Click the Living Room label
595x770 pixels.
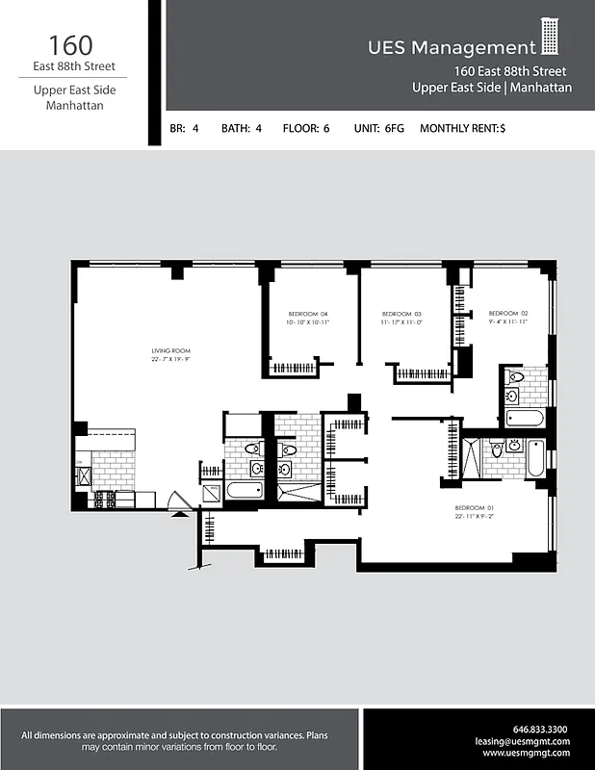point(170,350)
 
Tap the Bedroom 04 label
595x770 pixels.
point(308,315)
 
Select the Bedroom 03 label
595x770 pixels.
point(401,315)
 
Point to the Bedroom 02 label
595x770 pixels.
point(508,314)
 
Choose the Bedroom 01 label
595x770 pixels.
point(475,507)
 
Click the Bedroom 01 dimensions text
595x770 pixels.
point(475,517)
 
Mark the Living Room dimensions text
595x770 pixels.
point(170,359)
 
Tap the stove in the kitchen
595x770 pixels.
point(103,500)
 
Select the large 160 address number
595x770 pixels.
point(71,44)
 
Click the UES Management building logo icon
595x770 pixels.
point(550,38)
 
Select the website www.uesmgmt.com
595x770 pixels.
point(527,754)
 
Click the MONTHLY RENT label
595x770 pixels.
point(459,127)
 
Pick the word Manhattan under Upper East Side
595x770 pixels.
point(75,106)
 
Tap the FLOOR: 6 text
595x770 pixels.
point(306,127)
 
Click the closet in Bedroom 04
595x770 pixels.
point(293,368)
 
